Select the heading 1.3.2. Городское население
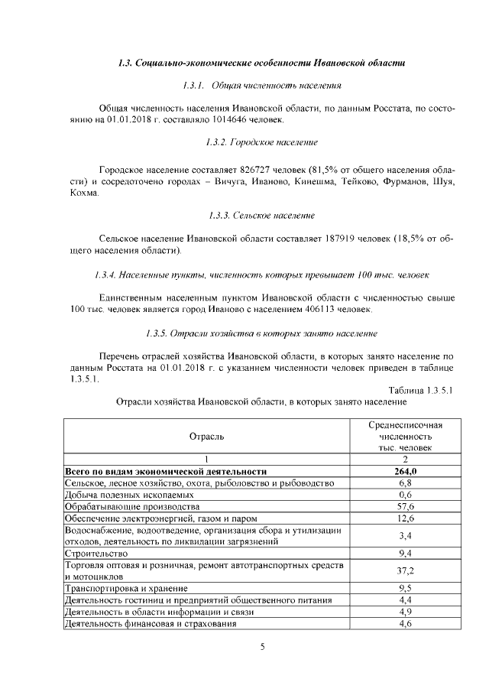pyautogui.click(x=262, y=142)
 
